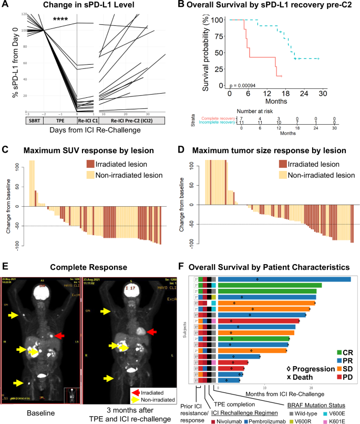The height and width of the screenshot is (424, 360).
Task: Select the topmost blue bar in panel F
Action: point(284,279)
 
